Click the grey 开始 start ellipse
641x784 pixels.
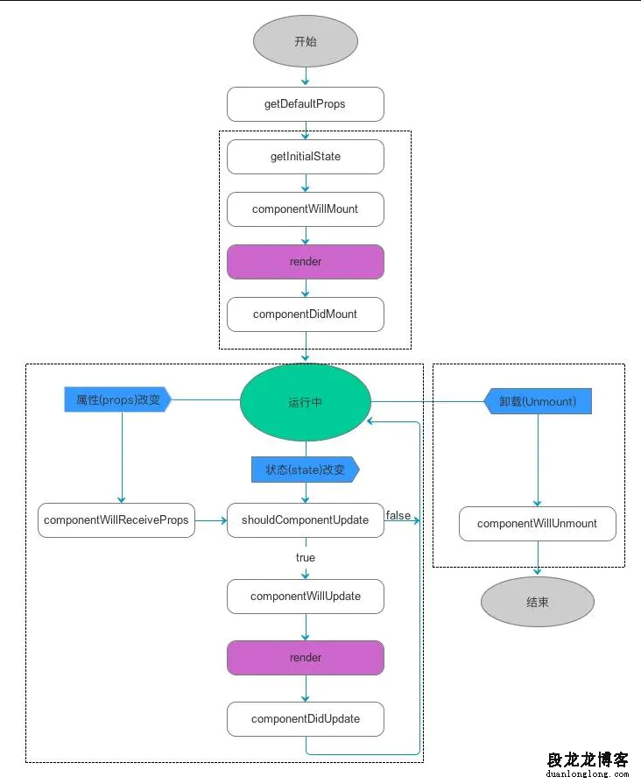tap(306, 41)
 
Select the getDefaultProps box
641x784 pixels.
tap(306, 104)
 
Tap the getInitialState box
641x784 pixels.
tap(306, 157)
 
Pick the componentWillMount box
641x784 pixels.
tap(306, 209)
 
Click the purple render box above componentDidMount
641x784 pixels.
tap(306, 262)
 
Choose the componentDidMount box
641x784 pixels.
tap(306, 314)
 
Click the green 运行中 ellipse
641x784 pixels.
tap(306, 402)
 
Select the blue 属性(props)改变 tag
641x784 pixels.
tap(118, 399)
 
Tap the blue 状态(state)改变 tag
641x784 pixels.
tap(306, 470)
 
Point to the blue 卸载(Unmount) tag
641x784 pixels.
tap(538, 401)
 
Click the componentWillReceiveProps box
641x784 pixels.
tap(116, 520)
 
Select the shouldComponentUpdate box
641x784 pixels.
tap(306, 520)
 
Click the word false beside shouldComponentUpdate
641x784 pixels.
tap(398, 515)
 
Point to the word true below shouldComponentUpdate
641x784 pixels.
tap(306, 557)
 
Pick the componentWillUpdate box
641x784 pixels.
tap(306, 597)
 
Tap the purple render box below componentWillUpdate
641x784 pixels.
tap(306, 658)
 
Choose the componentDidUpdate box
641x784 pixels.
tap(306, 719)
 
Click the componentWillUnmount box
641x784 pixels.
tap(538, 524)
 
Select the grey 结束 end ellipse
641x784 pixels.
tap(538, 602)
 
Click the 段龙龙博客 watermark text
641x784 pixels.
tap(588, 759)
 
